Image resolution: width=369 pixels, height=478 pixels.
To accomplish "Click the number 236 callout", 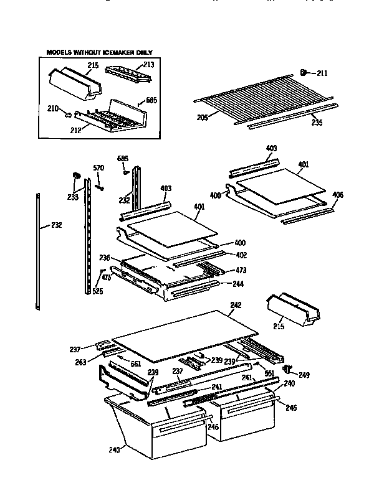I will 105,258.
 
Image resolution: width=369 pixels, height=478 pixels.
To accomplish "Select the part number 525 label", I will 97,291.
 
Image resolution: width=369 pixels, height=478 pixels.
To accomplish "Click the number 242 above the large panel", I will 235,305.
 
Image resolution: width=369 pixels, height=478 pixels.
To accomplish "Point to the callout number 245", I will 290,408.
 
